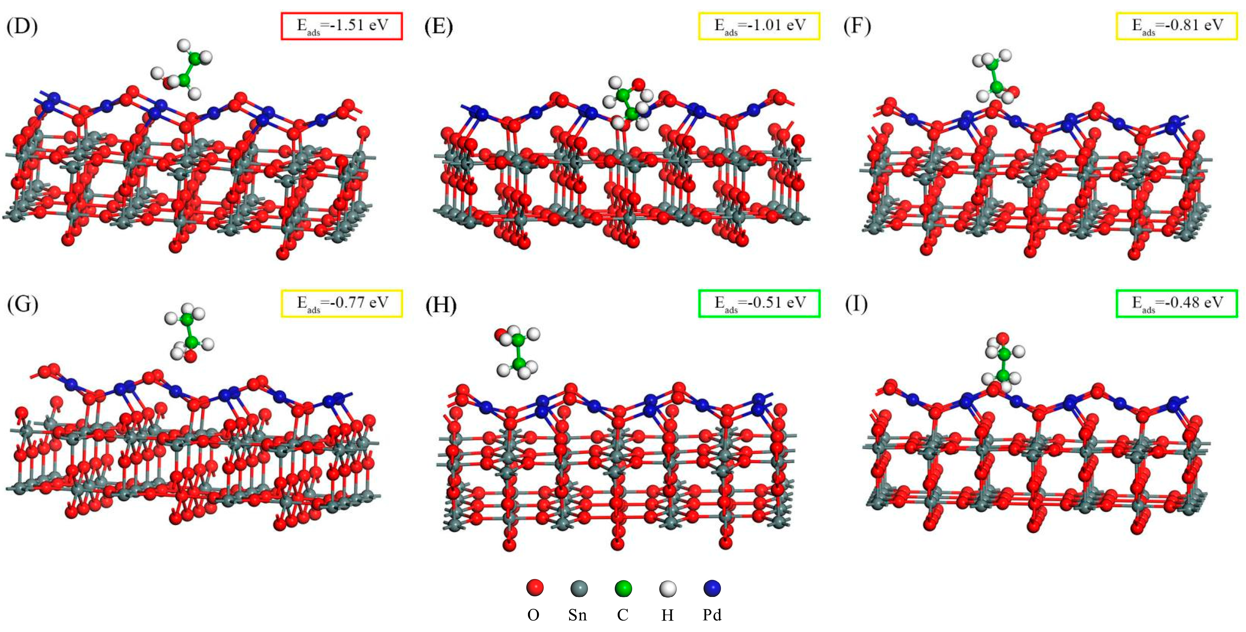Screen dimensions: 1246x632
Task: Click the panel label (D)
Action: [22, 26]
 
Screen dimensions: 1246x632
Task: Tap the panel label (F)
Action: [857, 26]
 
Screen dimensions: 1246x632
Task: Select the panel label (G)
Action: [22, 304]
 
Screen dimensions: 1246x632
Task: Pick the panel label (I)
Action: [856, 304]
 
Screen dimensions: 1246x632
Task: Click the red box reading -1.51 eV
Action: [342, 25]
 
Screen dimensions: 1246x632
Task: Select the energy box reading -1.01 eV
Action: [759, 25]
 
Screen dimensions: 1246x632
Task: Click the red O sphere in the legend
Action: [535, 588]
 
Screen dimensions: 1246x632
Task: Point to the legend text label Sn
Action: [578, 615]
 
